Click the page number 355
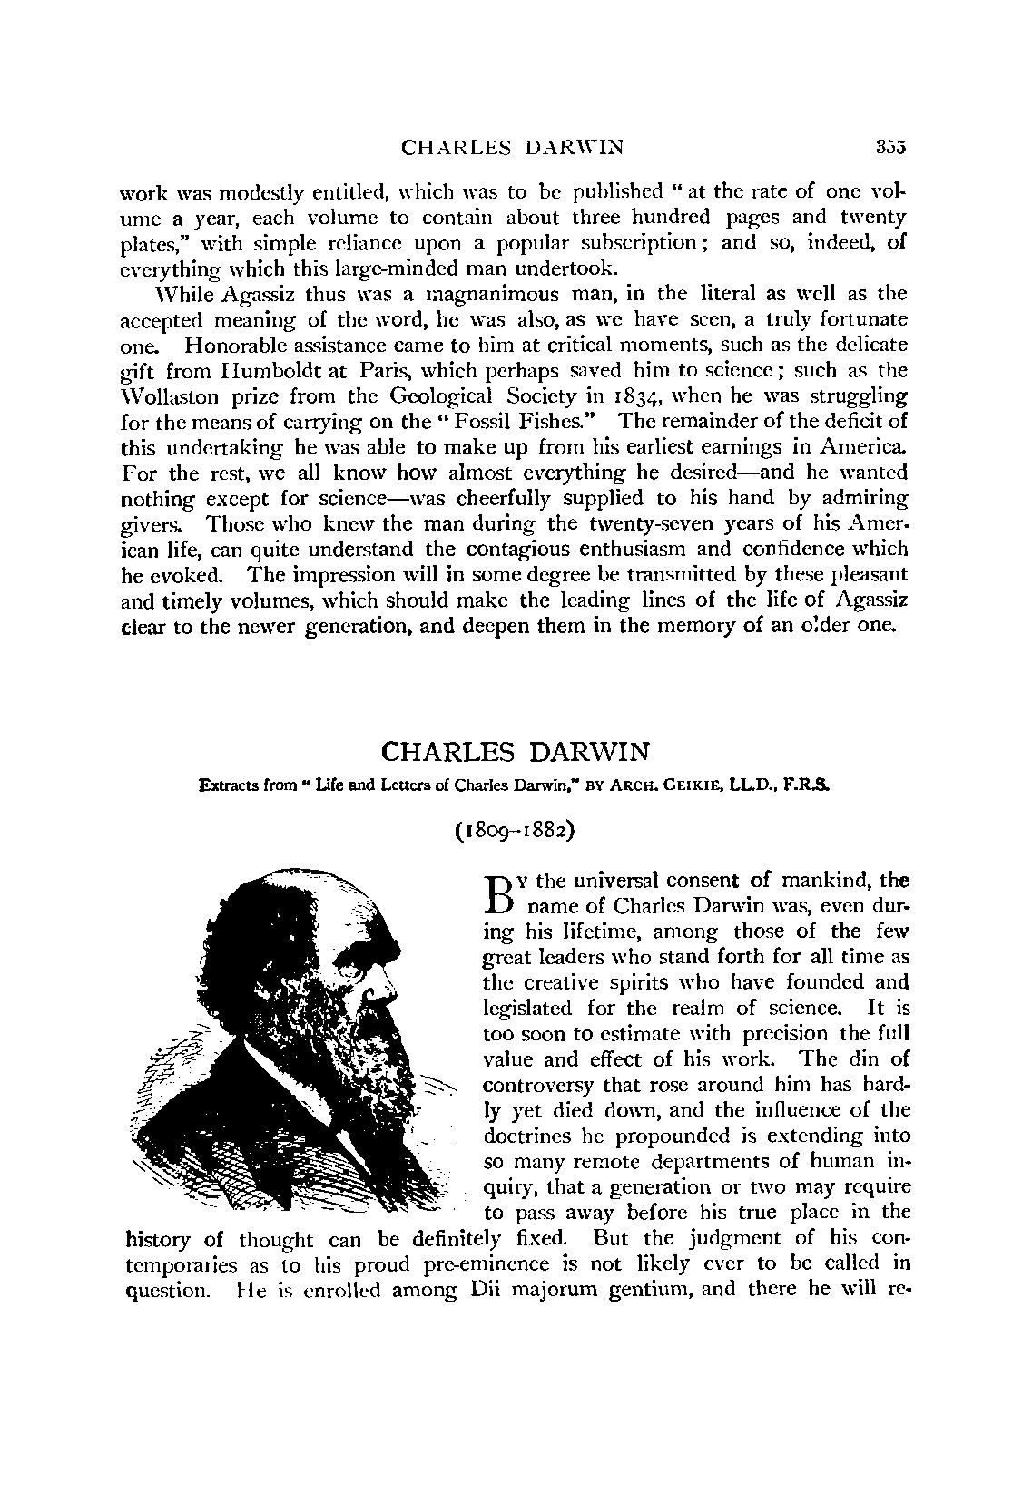tap(891, 147)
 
